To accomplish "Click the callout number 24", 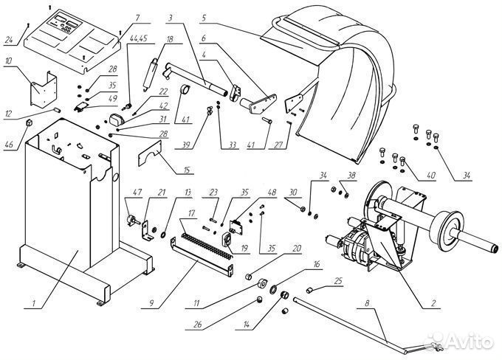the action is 9,40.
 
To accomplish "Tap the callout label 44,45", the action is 138,38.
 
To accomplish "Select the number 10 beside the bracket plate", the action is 8,60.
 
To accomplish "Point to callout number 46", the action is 9,145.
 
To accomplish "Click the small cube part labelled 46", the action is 29,122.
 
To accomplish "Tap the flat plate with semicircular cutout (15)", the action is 150,153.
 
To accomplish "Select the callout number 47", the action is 137,193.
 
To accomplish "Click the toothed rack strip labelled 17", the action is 207,246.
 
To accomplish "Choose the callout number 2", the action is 433,303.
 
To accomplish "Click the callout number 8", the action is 367,303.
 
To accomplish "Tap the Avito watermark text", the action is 470,342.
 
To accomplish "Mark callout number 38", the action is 351,176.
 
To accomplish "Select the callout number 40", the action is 431,176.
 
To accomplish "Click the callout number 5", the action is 204,18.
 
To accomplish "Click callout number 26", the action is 198,324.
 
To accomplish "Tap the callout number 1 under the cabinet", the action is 34,303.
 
